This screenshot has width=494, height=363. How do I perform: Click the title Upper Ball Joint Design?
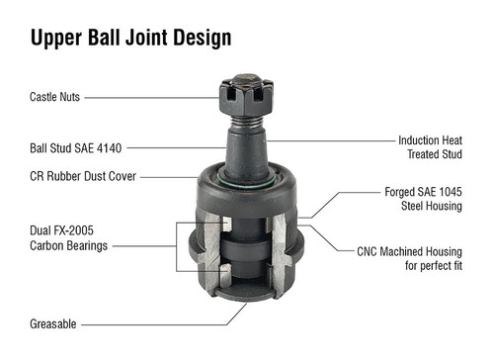click(x=130, y=38)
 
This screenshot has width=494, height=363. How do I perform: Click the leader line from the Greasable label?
click(x=158, y=323)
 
